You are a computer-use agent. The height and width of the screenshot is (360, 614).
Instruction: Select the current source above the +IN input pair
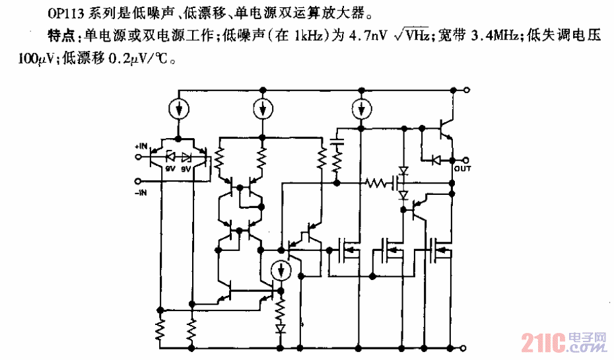178,108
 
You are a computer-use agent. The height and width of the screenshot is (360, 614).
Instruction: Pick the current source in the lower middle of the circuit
282,270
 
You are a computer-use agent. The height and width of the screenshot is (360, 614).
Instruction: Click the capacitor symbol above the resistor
337,142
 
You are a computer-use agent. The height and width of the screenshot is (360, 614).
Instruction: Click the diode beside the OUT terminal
435,159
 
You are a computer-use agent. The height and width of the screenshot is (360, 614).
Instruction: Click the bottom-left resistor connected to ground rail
160,328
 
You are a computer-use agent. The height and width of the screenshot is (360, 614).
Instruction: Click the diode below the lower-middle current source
282,328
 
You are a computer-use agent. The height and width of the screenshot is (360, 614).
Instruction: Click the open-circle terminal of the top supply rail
467,89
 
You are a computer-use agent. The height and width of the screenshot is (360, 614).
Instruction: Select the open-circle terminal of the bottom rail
467,347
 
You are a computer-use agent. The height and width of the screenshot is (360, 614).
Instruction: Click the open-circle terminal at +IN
138,157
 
